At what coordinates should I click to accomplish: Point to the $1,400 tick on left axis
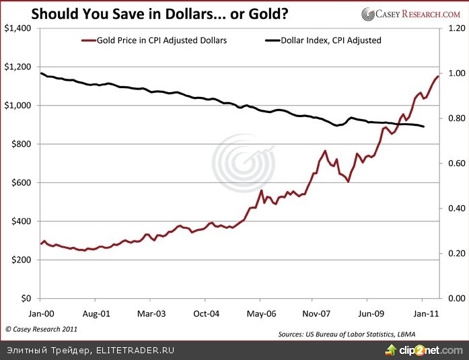coord(18,28)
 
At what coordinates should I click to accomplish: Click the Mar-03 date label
coord(151,314)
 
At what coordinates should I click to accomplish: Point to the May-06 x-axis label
coord(261,314)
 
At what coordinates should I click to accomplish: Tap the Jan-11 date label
coord(423,314)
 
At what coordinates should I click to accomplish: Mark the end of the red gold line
coord(438,76)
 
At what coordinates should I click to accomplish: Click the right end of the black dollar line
coord(424,127)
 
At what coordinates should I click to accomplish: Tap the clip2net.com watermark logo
coord(423,350)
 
